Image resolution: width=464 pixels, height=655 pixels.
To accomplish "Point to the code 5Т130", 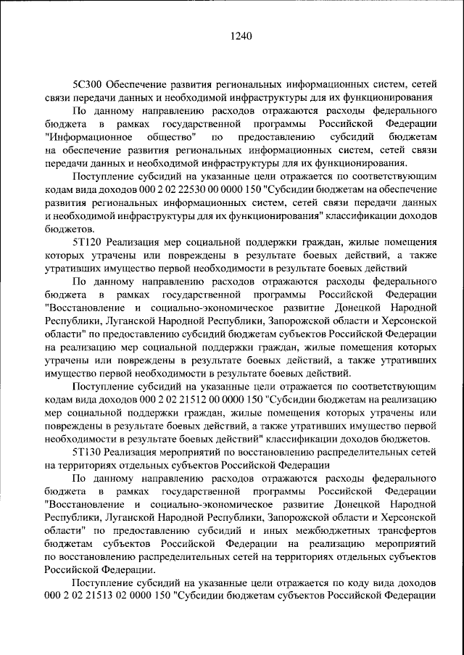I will (x=87, y=452).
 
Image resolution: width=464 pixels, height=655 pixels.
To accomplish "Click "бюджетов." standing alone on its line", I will (x=67, y=227).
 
